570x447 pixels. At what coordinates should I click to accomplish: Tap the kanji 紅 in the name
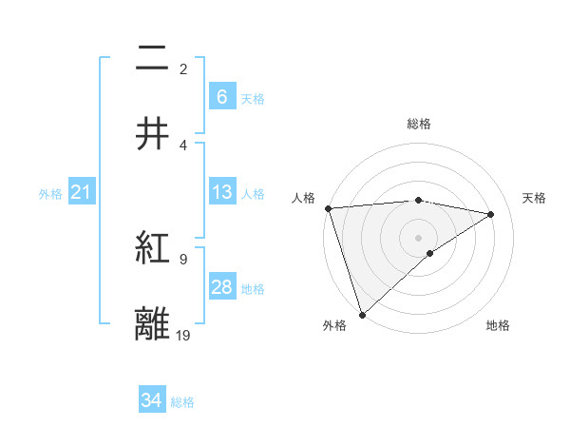tap(153, 248)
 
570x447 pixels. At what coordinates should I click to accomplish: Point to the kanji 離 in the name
tap(153, 323)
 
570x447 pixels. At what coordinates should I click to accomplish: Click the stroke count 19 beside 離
tap(183, 335)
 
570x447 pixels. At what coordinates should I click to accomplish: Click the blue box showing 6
tap(222, 96)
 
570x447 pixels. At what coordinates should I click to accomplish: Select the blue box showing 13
tap(222, 192)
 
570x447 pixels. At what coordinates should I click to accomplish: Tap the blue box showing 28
tap(222, 287)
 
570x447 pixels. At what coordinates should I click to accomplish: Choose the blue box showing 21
tap(82, 193)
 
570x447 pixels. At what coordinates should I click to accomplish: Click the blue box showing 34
tap(152, 400)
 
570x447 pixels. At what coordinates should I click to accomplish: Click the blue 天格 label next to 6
tap(253, 98)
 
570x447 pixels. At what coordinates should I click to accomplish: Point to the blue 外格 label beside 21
tap(50, 194)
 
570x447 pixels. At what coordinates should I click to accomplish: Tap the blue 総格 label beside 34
tap(182, 402)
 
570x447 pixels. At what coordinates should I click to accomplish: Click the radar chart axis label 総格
tap(419, 124)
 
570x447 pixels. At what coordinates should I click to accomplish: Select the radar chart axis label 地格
tap(498, 325)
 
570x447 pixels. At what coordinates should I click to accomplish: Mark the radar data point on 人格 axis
tap(328, 208)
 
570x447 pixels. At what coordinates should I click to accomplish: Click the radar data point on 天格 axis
tap(491, 214)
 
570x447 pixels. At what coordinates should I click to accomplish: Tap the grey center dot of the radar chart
tap(419, 237)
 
